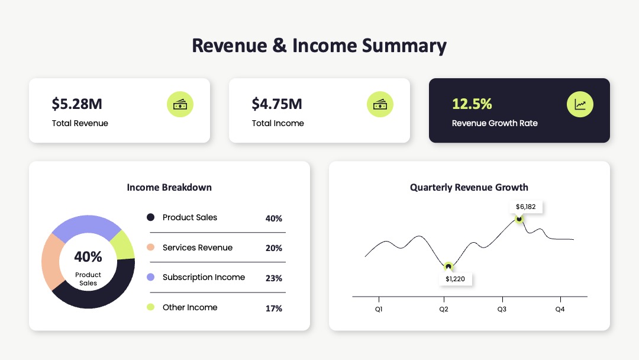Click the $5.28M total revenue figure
pyautogui.click(x=77, y=104)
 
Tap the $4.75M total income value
pyautogui.click(x=277, y=104)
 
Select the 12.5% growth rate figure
pyautogui.click(x=472, y=104)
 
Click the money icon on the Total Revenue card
pyautogui.click(x=180, y=104)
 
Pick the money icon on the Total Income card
pyautogui.click(x=380, y=104)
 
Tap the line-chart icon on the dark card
pyautogui.click(x=580, y=104)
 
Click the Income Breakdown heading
pyautogui.click(x=169, y=188)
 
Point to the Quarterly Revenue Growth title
pyautogui.click(x=469, y=188)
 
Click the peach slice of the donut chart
pyautogui.click(x=51, y=262)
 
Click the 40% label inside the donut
pyautogui.click(x=88, y=257)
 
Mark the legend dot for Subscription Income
pyautogui.click(x=150, y=277)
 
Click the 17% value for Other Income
pyautogui.click(x=274, y=308)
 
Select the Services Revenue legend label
pyautogui.click(x=198, y=247)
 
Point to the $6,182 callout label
pyautogui.click(x=526, y=207)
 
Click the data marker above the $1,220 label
pyautogui.click(x=448, y=266)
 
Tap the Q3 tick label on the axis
pyautogui.click(x=502, y=309)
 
